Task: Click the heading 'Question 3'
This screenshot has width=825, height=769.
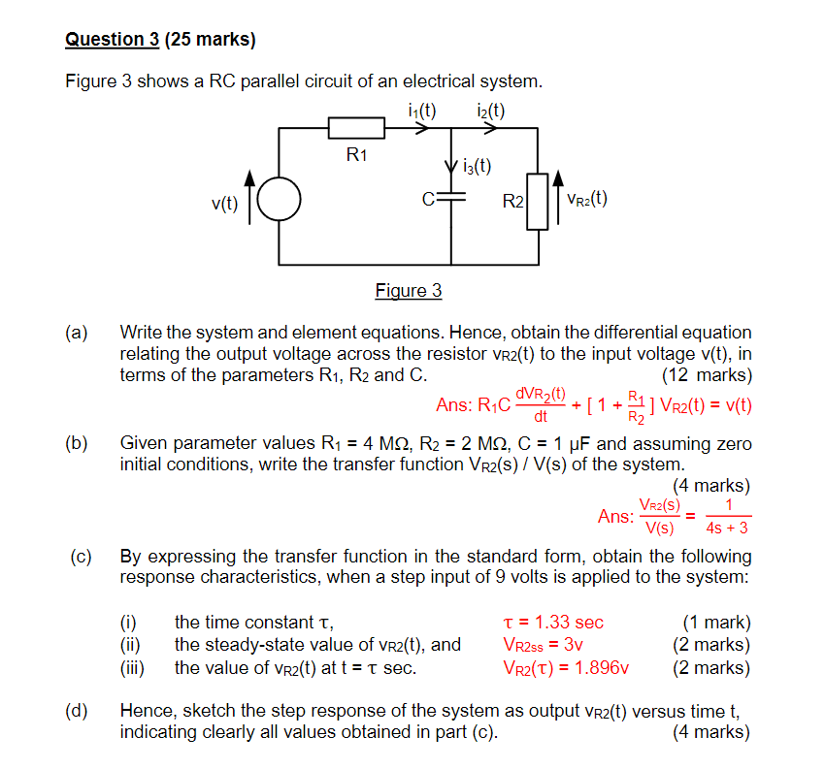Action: [x=112, y=40]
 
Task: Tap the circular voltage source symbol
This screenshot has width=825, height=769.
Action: [x=280, y=202]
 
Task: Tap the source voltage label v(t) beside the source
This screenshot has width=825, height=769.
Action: [x=224, y=203]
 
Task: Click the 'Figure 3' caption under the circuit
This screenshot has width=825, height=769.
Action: [x=409, y=290]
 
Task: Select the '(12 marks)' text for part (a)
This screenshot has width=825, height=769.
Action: [x=706, y=375]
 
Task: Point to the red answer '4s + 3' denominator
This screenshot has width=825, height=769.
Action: [x=728, y=529]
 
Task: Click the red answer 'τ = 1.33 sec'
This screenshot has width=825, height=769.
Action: [x=553, y=622]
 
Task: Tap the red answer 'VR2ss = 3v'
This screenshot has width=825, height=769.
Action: [x=544, y=644]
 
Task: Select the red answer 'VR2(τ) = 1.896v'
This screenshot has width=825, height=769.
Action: [x=566, y=667]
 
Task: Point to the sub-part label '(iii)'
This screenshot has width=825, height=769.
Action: [x=131, y=667]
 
